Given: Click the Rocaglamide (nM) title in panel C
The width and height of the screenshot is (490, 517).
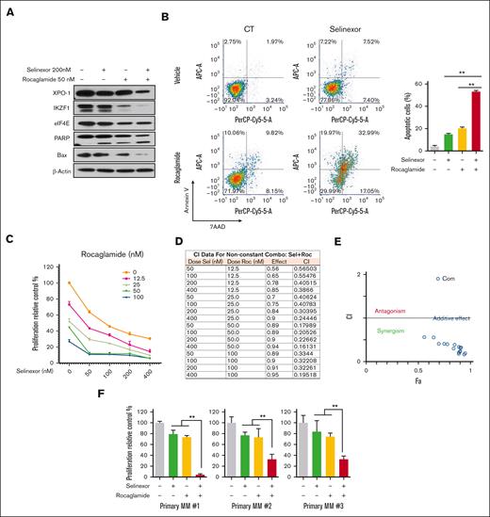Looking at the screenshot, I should (x=106, y=253).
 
